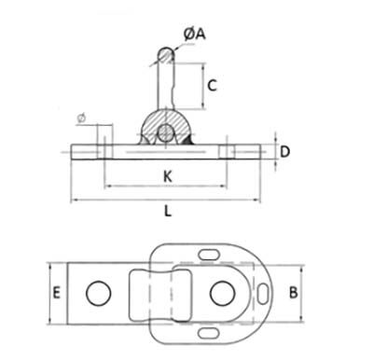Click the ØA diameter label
pos(195,34)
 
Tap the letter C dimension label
pos(212,86)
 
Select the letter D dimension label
pos(284,152)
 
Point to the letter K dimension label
pos(168,176)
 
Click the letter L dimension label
pos(168,212)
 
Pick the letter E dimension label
pos(56,293)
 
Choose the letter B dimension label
pos(294,293)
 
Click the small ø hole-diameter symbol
pos(81,118)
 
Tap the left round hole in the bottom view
pos(99,293)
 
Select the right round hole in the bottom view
pos(222,293)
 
